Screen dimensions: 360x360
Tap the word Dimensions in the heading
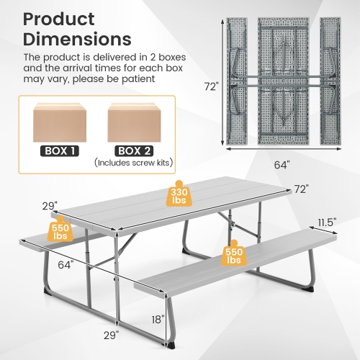point(78,39)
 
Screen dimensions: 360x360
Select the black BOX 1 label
point(58,150)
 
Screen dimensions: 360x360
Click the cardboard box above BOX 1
point(58,120)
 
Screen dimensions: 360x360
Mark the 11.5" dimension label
point(326,222)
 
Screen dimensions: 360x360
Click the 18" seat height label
point(158,318)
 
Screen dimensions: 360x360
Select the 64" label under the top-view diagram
point(282,165)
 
